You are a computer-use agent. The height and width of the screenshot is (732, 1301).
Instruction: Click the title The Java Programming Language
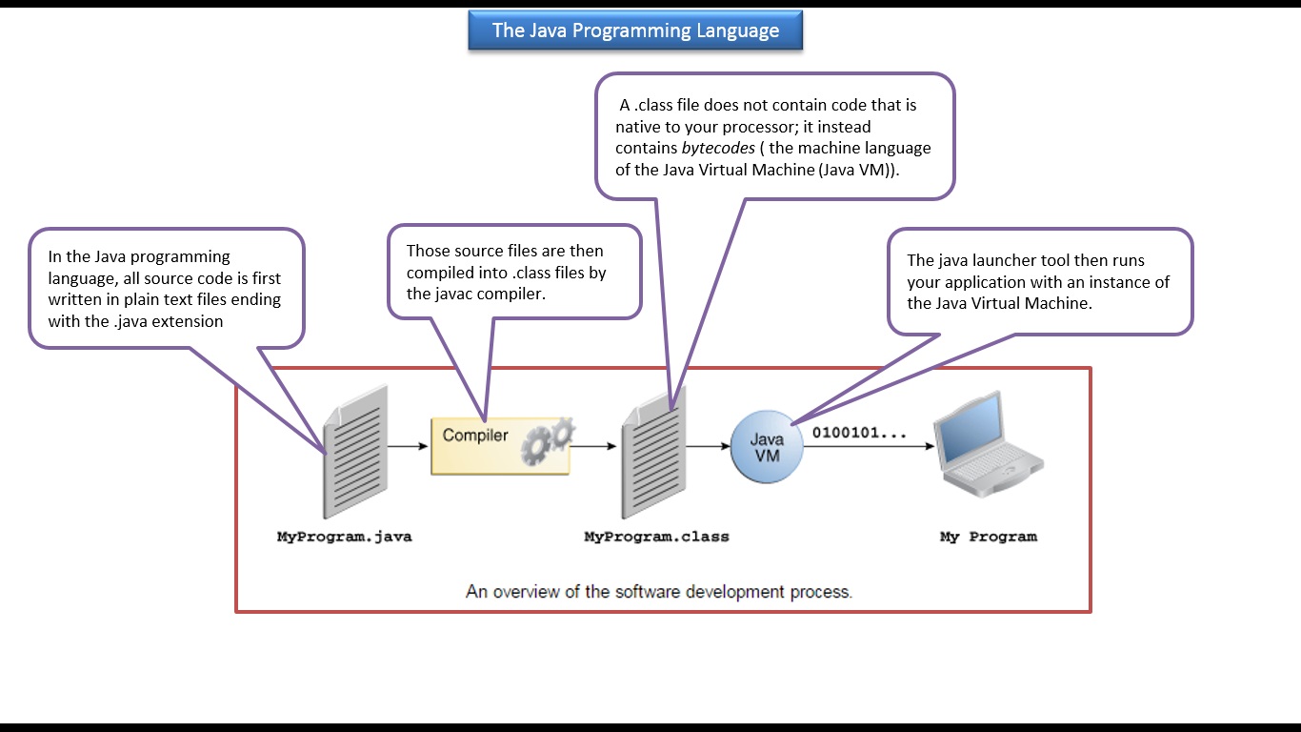point(635,30)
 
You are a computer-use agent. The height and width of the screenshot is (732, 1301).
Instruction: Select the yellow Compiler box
point(500,445)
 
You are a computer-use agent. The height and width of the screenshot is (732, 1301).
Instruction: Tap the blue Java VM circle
point(767,447)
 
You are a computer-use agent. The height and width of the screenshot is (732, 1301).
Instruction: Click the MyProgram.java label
point(344,537)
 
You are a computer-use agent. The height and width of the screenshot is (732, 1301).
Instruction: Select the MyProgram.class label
point(656,537)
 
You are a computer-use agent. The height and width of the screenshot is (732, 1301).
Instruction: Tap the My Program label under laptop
point(988,537)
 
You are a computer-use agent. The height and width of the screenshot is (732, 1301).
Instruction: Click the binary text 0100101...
point(858,433)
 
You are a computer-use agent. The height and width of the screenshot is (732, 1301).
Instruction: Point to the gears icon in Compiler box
point(549,442)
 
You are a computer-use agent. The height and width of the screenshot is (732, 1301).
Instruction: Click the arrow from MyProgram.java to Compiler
point(409,445)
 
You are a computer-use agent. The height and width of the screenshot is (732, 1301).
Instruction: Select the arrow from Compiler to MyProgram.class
point(594,445)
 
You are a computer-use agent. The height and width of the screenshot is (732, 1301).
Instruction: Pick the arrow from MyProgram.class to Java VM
point(708,445)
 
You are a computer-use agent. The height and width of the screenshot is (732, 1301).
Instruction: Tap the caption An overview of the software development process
point(659,592)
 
